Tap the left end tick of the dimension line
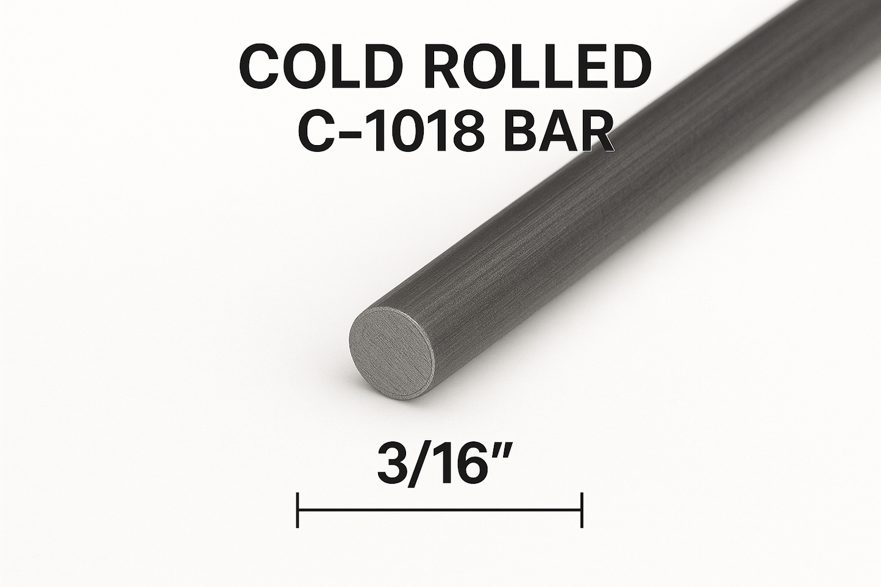coord(298,510)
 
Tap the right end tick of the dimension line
coord(582,510)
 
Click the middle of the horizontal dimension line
coord(440,510)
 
